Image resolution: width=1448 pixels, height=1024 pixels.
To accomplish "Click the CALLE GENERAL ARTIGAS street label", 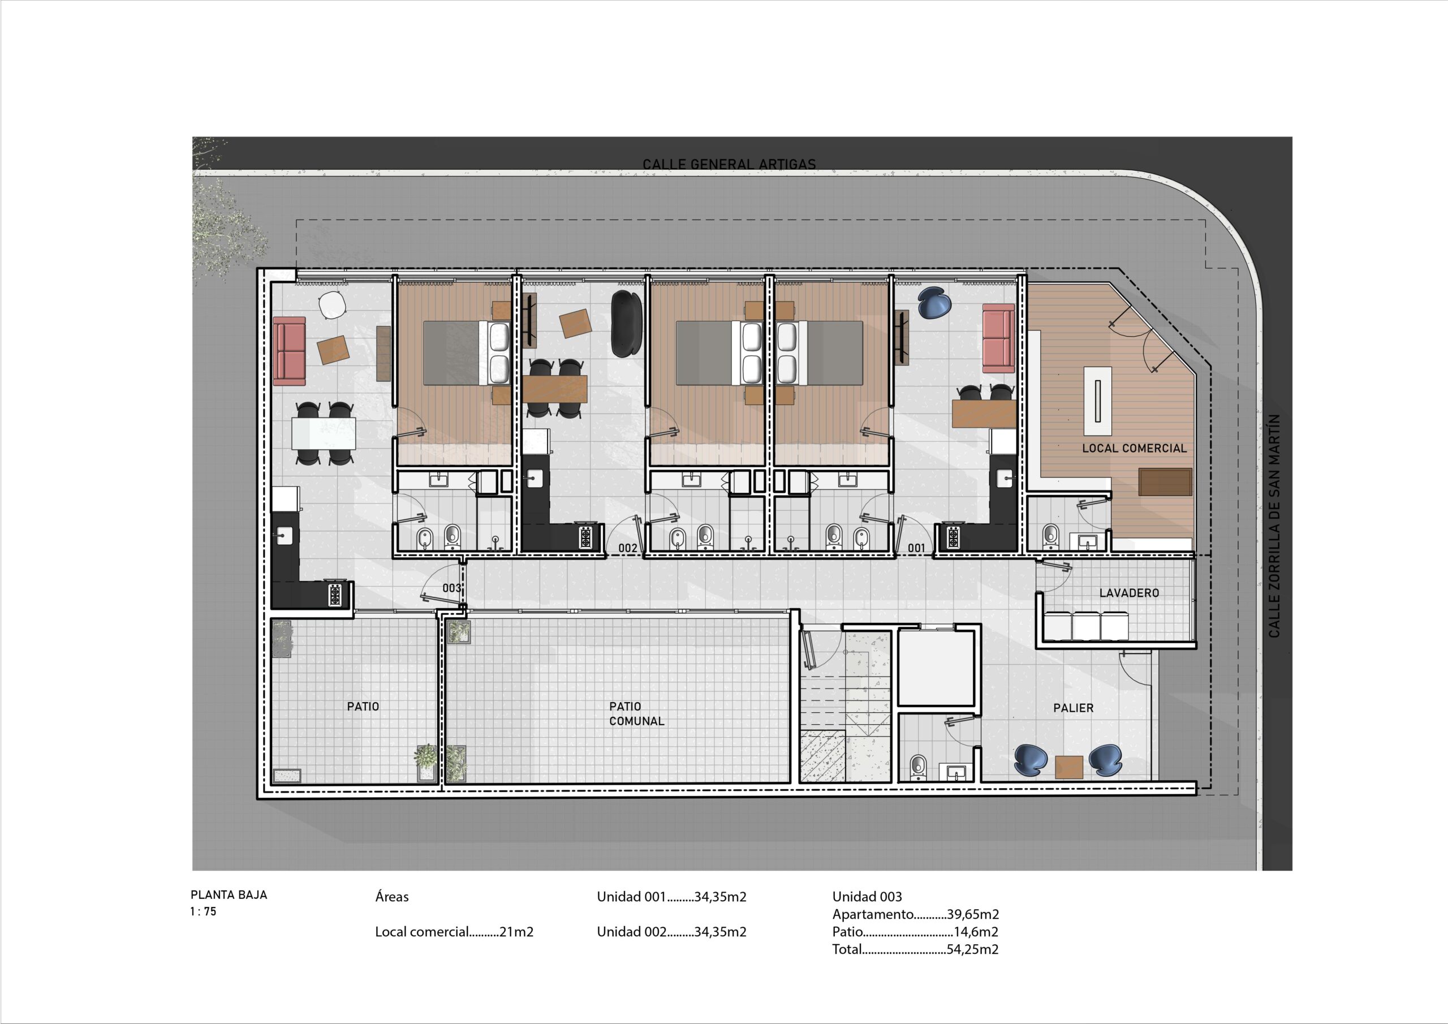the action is (x=729, y=164).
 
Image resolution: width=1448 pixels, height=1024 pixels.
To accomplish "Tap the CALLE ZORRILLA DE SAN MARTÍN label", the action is (x=1274, y=526).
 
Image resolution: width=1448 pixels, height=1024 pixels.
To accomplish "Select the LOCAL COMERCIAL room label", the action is (x=1135, y=448).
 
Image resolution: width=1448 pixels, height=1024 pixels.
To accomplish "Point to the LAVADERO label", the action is (x=1129, y=593).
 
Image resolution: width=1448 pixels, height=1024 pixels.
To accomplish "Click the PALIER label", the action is (x=1074, y=708).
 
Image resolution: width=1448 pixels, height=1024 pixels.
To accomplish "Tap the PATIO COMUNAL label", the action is (x=636, y=713).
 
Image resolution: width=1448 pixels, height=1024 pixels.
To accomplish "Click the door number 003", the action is (x=451, y=588).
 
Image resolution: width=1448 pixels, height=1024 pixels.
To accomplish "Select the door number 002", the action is (x=627, y=548).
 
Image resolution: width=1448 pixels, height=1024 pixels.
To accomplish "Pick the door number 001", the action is (x=916, y=548).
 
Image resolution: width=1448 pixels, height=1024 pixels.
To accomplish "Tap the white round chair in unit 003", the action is (x=333, y=306).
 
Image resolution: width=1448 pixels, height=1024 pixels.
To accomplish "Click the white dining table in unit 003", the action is (x=324, y=433).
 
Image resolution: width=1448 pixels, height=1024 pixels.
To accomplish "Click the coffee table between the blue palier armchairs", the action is (x=1069, y=767).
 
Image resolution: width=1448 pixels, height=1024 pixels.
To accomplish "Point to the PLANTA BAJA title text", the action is (x=229, y=894).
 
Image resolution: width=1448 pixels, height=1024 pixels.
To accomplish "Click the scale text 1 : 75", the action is (x=203, y=911).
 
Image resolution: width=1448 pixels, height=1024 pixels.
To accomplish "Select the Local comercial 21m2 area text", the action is (x=454, y=932).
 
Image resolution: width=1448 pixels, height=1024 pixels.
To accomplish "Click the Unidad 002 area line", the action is (x=671, y=932).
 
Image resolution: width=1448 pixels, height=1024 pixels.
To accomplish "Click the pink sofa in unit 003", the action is (x=290, y=351).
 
